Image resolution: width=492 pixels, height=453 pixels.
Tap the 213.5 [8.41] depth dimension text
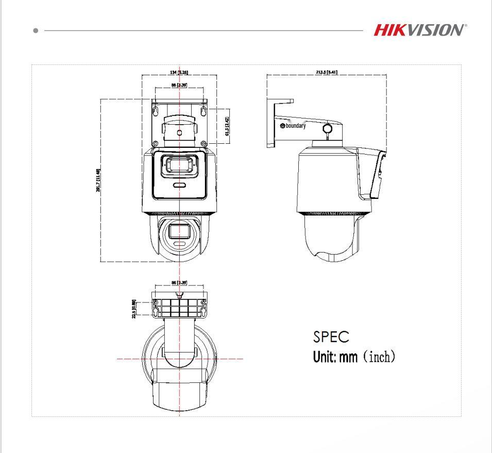point(327,72)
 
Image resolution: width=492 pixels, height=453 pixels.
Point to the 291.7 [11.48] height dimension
point(98,180)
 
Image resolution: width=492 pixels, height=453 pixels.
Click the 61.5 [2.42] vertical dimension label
point(227,126)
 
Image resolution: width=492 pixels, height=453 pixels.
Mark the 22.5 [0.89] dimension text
point(134,309)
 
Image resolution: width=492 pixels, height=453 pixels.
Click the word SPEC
point(331,337)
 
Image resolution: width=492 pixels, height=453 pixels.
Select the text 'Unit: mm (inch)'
point(354,356)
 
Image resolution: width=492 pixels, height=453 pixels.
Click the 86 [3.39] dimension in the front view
point(179,84)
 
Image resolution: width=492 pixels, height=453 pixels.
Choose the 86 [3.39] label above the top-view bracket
point(179,282)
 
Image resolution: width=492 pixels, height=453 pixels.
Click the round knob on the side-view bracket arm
point(326,128)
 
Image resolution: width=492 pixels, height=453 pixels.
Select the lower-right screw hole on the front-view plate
point(204,144)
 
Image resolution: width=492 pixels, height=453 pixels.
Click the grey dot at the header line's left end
point(36,31)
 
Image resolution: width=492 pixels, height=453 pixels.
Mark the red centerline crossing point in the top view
point(179,358)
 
